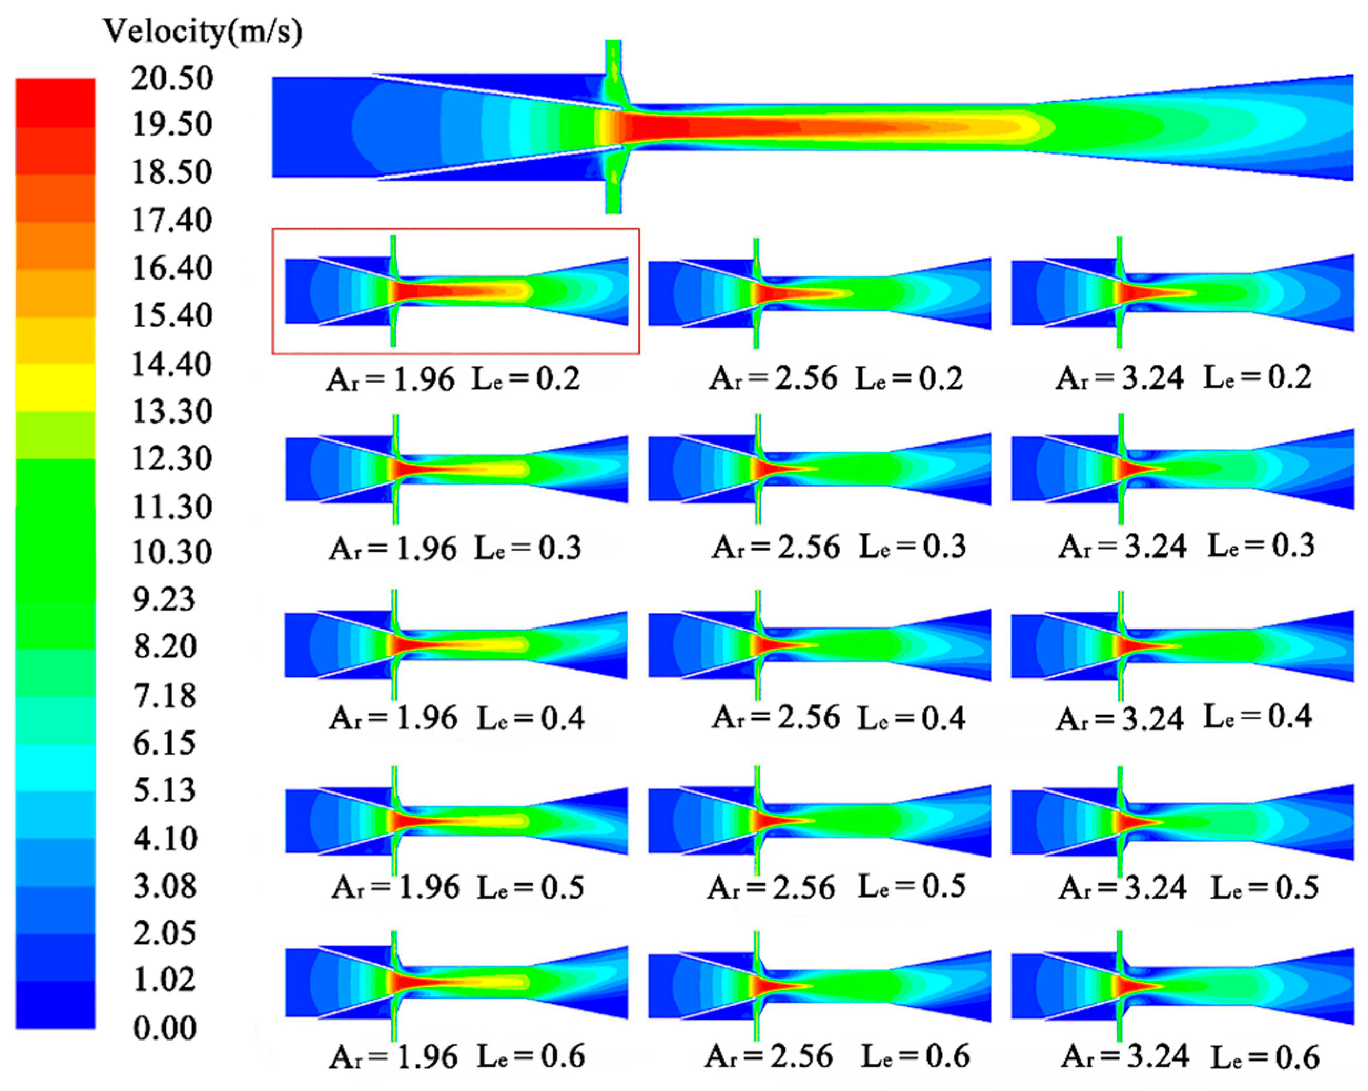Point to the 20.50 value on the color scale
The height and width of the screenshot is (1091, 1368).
172,79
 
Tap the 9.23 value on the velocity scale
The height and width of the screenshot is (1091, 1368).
164,600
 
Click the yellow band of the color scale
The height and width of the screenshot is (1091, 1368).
55,387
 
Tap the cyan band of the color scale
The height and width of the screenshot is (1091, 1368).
55,767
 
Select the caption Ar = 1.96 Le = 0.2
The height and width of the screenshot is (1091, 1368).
453,379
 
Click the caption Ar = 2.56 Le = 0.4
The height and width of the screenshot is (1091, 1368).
838,718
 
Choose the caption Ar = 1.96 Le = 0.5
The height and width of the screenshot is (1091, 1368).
457,888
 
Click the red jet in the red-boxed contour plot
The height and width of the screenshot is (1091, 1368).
432,291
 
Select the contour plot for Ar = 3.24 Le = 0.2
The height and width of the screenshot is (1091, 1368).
1181,292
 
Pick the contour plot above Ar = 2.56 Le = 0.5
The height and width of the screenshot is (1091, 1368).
819,821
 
